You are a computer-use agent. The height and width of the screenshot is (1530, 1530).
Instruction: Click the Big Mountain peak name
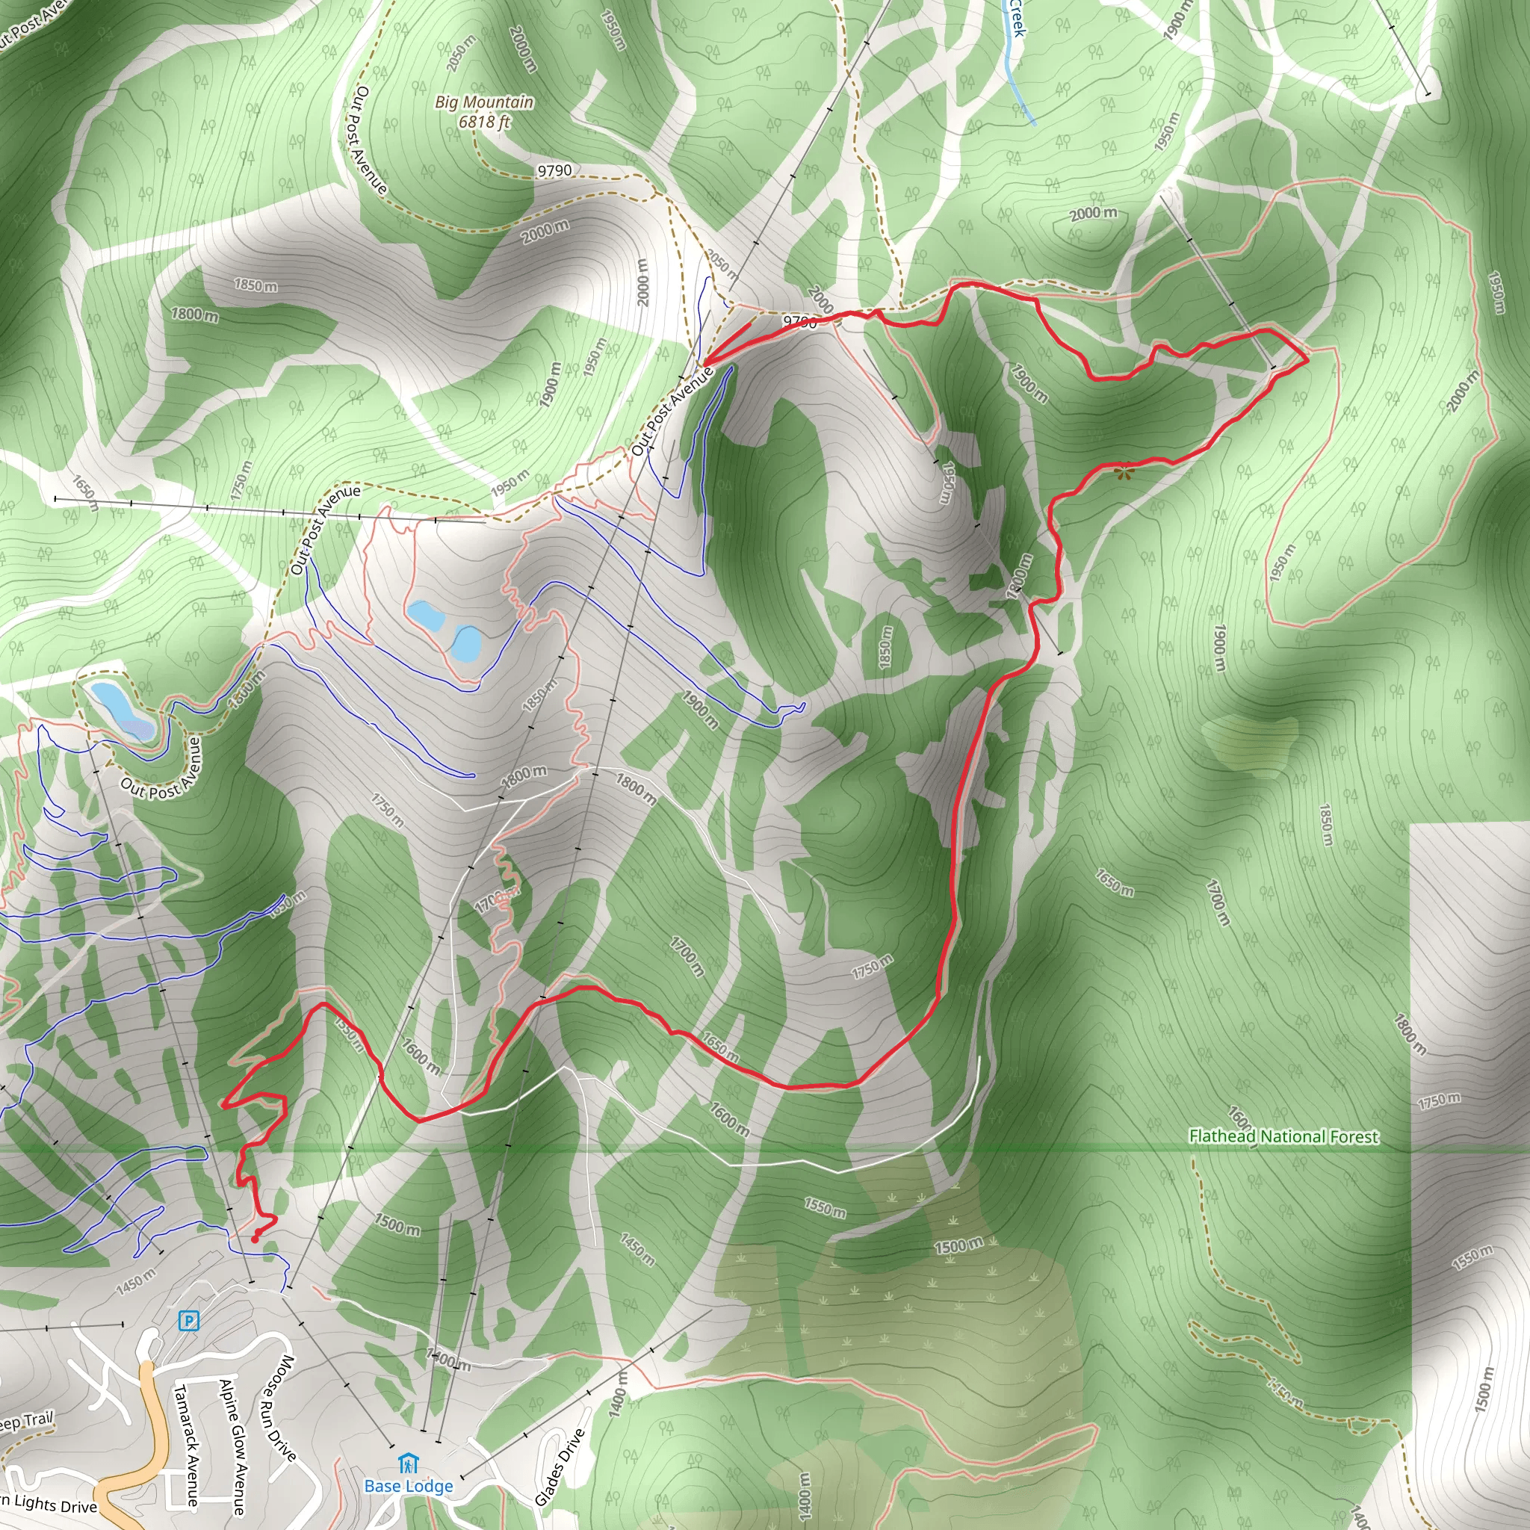484,102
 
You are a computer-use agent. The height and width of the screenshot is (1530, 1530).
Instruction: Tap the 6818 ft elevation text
484,122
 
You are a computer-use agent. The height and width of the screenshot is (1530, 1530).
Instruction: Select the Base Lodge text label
409,1486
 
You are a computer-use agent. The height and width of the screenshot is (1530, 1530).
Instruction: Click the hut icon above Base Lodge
408,1462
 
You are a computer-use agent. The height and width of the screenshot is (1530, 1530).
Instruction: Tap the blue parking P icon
188,1320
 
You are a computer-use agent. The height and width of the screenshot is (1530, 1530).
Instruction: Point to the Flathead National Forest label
1283,1136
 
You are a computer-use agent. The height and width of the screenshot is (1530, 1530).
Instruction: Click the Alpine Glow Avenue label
234,1446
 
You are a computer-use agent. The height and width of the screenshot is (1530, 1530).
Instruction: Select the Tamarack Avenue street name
186,1445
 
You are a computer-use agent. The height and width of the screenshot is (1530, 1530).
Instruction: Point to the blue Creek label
1016,17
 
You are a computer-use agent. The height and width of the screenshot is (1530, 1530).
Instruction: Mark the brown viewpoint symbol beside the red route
1123,473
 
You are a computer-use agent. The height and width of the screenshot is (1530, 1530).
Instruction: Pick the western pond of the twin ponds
426,616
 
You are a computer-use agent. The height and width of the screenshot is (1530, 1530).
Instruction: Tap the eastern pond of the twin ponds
465,643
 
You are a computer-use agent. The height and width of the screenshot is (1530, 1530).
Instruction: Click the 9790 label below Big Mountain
554,170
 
